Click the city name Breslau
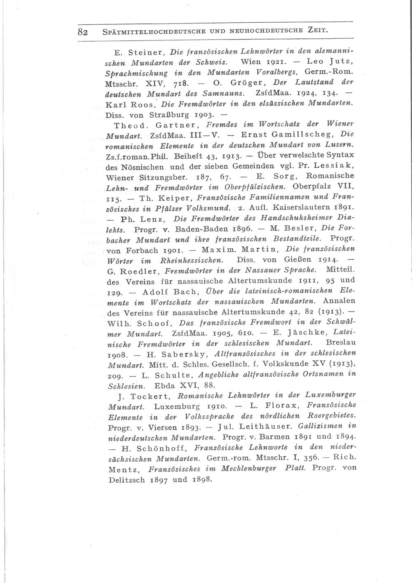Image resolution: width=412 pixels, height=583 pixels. (341, 343)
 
